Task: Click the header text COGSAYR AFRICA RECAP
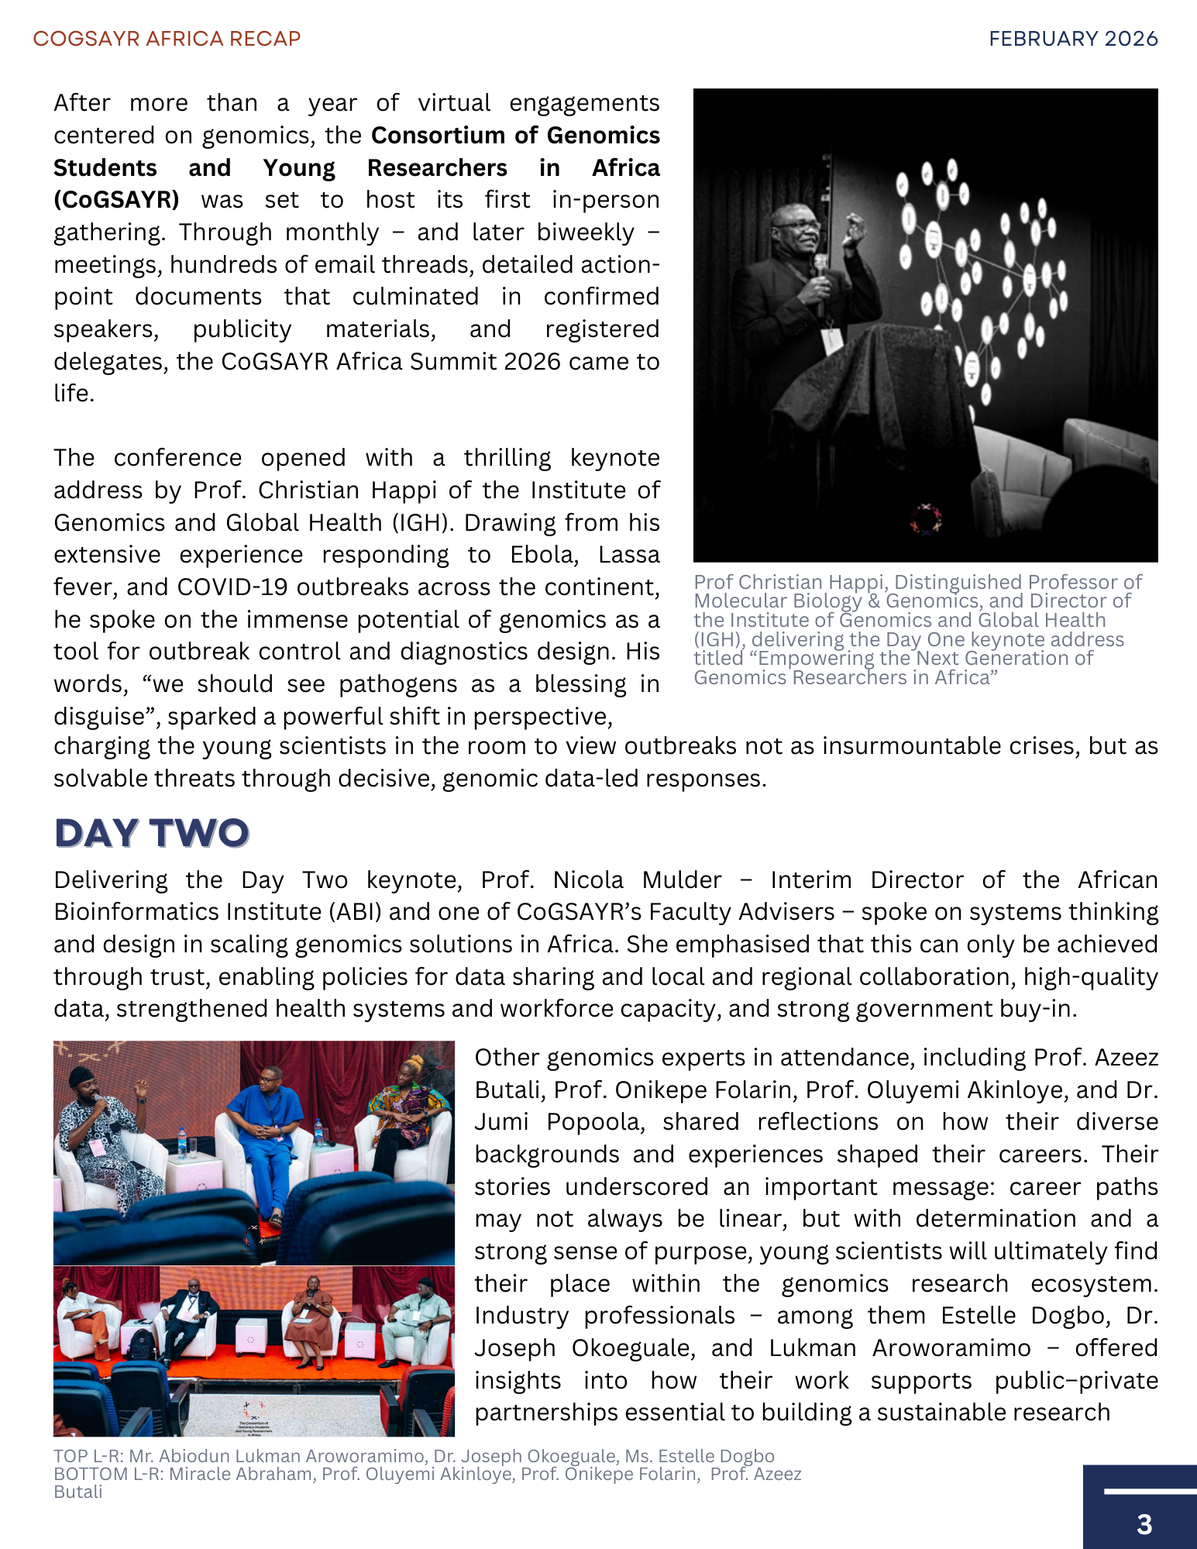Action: [x=167, y=39]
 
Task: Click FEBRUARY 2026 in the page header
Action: [x=1073, y=39]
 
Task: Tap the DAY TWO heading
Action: [x=152, y=833]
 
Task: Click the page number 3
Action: [x=1144, y=1524]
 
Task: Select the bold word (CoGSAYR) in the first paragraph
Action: [x=116, y=200]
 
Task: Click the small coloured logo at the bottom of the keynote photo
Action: [x=925, y=518]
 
